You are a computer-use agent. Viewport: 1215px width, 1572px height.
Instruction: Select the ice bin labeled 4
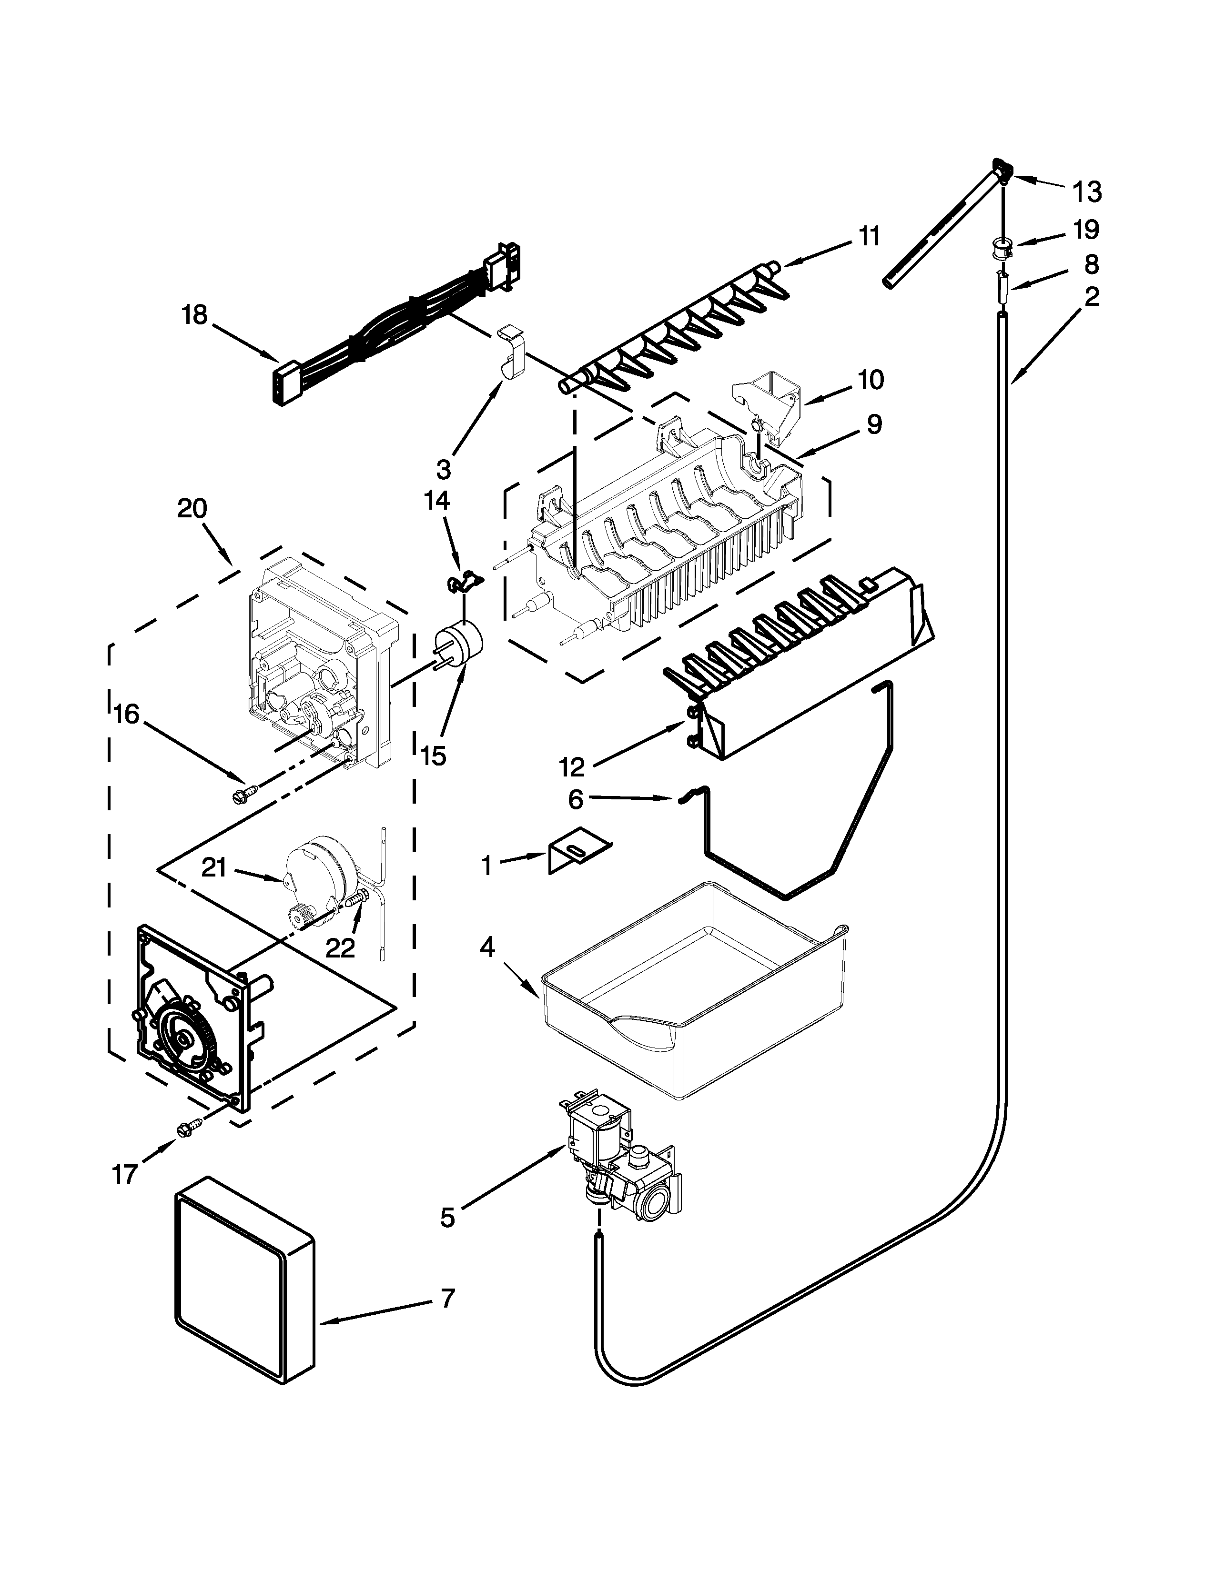tap(691, 993)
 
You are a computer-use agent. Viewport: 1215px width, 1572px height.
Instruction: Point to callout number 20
tap(192, 509)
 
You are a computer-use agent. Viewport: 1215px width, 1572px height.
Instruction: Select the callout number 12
tap(572, 767)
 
